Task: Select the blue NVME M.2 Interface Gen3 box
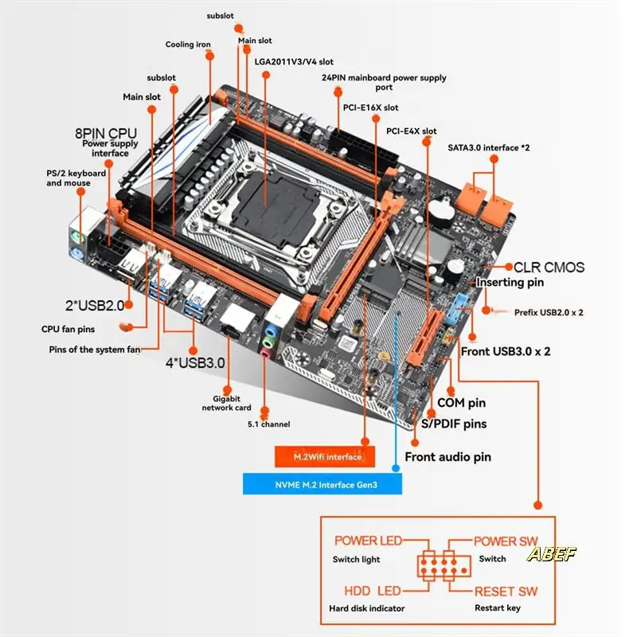point(322,484)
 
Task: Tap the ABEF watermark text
point(551,553)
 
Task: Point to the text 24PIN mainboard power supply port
point(384,82)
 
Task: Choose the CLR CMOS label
point(549,268)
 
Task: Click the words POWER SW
point(506,541)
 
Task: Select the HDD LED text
point(373,592)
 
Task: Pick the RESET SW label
point(506,592)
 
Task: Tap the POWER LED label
point(368,541)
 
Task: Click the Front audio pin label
point(447,457)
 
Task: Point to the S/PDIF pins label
point(454,424)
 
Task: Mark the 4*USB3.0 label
point(195,363)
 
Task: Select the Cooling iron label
point(189,45)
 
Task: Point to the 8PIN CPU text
point(107,132)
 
